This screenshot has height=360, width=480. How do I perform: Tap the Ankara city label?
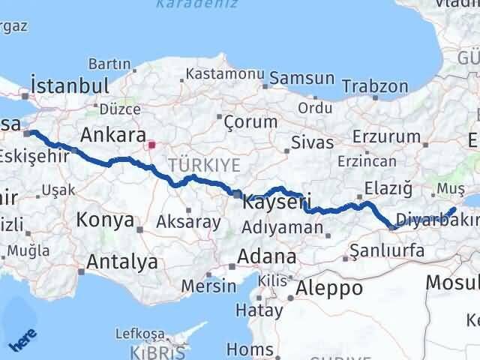click(112, 136)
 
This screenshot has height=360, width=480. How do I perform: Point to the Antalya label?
click(122, 262)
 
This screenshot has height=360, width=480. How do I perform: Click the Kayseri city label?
click(278, 201)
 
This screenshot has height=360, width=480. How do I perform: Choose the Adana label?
click(266, 256)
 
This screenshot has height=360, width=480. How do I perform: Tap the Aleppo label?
click(329, 287)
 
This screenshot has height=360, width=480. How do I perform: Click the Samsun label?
click(301, 78)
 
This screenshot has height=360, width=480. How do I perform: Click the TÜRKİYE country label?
click(193, 164)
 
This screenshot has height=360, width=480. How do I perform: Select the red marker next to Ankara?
click(151, 145)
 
